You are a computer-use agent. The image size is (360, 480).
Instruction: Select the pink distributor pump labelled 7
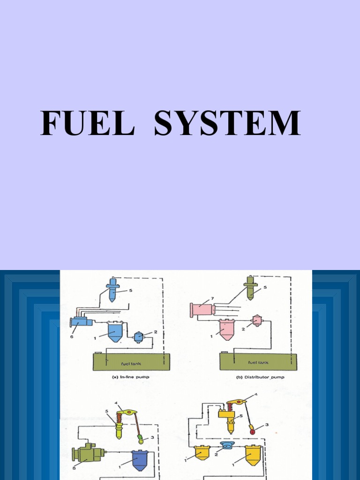202,310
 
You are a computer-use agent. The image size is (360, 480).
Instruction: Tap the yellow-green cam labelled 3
140,440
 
